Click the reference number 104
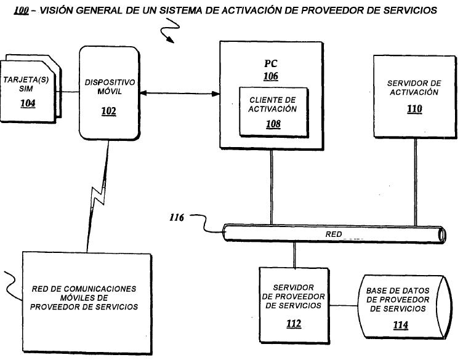pyautogui.click(x=28, y=103)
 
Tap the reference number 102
pyautogui.click(x=108, y=111)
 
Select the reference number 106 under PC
pyautogui.click(x=271, y=76)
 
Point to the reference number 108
pyautogui.click(x=273, y=124)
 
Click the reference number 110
pyautogui.click(x=414, y=109)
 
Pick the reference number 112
pyautogui.click(x=294, y=324)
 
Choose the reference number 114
pyautogui.click(x=401, y=325)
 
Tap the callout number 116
pyautogui.click(x=177, y=217)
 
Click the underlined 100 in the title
pyautogui.click(x=22, y=11)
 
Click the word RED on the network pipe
pyautogui.click(x=334, y=234)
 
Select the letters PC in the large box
pyautogui.click(x=271, y=63)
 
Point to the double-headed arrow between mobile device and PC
pyautogui.click(x=180, y=94)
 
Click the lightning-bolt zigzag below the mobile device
pyautogui.click(x=97, y=196)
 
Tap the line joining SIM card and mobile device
pyautogui.click(x=68, y=92)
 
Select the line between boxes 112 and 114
pyautogui.click(x=344, y=305)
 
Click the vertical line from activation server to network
pyautogui.click(x=416, y=182)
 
